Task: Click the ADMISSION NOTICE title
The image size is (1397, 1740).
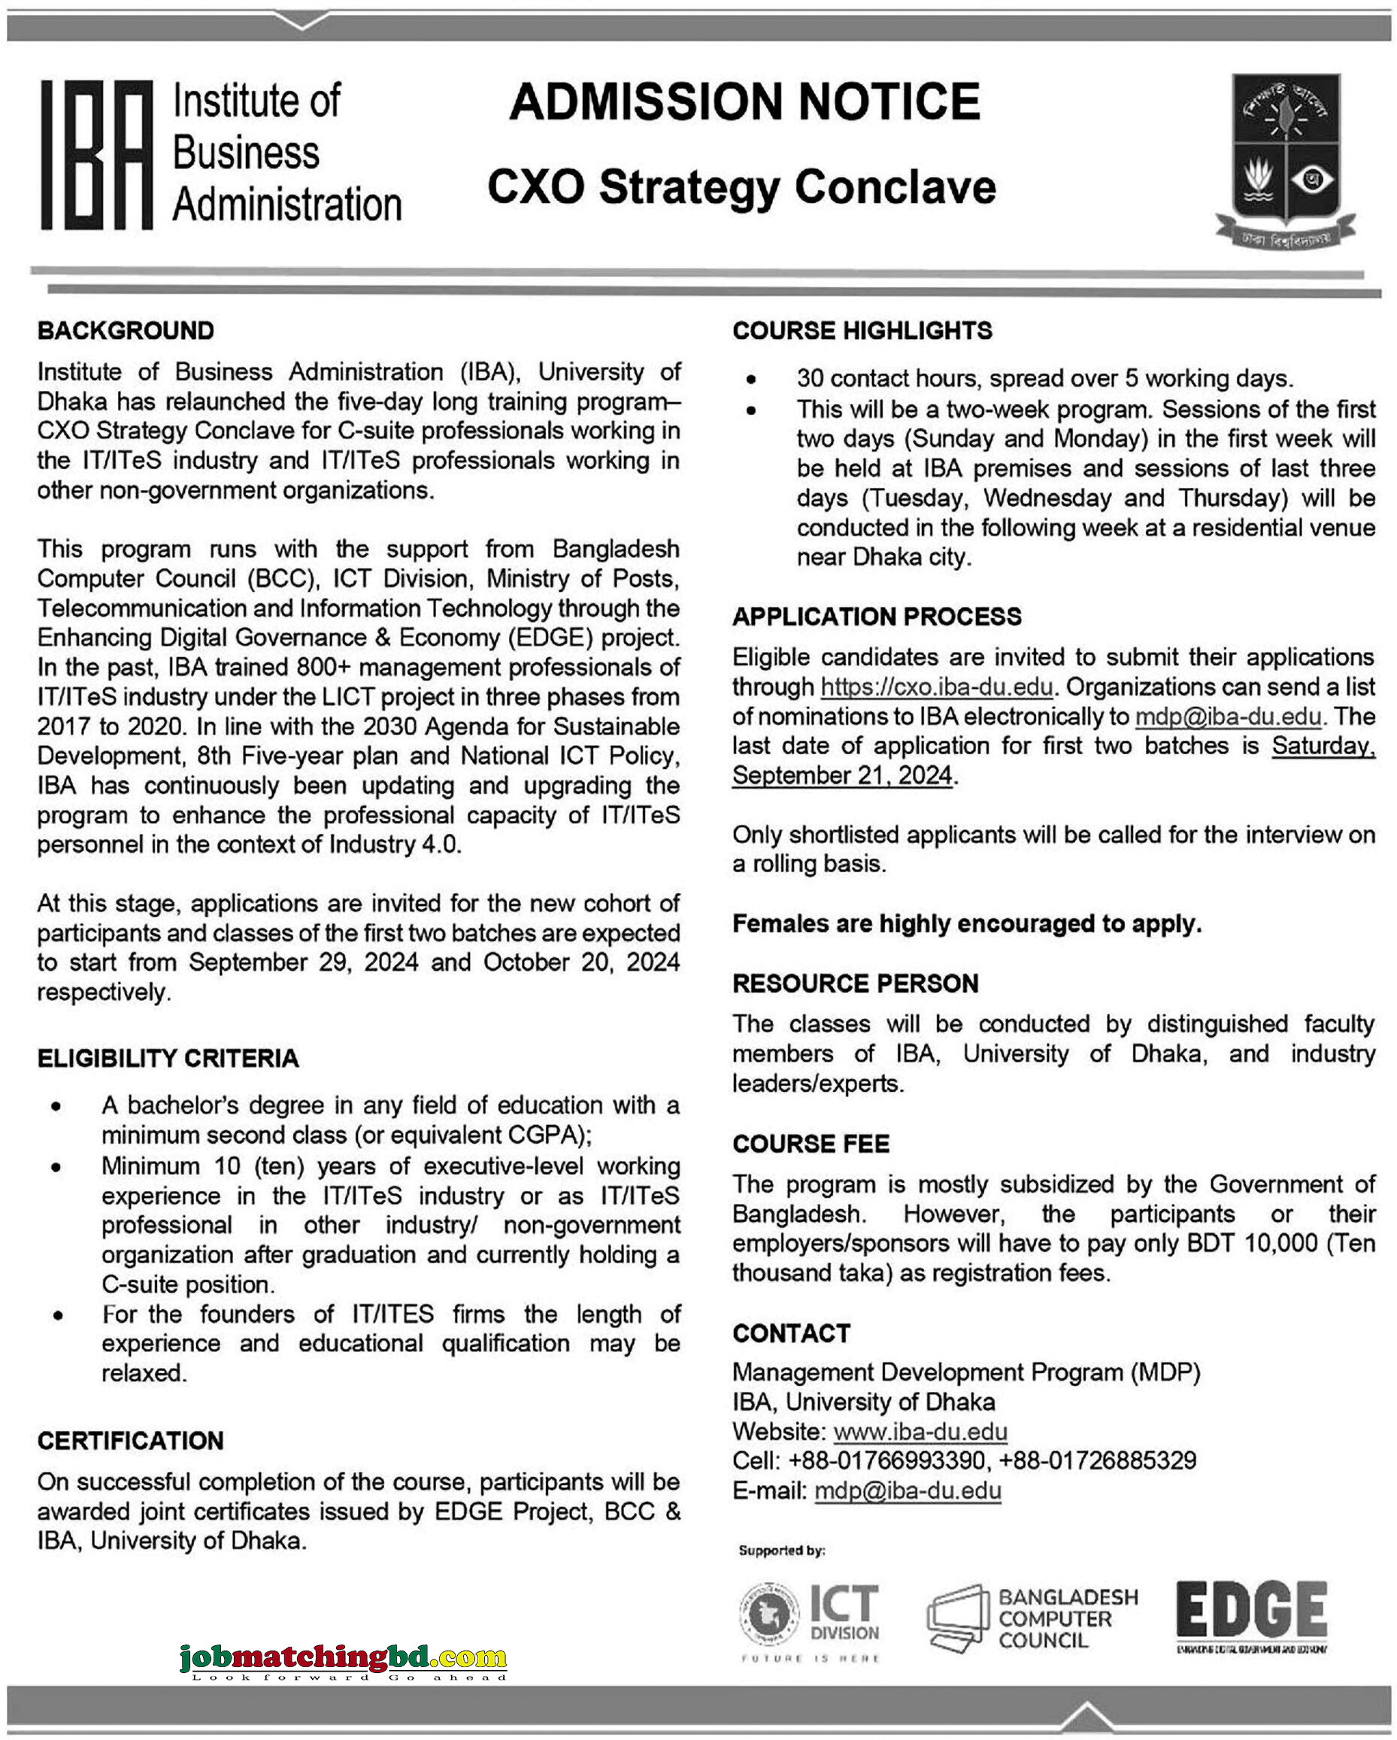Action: [744, 102]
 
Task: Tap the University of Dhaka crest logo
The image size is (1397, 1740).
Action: [1285, 159]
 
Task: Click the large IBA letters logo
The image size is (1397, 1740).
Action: [97, 154]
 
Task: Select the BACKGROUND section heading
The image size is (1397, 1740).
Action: [125, 331]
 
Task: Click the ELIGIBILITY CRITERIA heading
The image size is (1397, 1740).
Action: [168, 1058]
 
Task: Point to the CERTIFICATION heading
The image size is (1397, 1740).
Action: [130, 1441]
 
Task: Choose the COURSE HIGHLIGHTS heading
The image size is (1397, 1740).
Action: [862, 331]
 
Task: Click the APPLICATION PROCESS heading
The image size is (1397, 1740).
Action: [877, 617]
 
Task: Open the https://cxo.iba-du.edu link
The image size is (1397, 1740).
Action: [936, 687]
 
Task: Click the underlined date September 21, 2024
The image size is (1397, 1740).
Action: [842, 775]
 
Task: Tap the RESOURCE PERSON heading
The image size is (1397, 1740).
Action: [855, 983]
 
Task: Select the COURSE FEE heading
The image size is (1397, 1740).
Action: [811, 1144]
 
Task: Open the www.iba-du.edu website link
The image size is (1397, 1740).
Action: [920, 1432]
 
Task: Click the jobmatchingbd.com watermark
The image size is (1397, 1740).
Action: [343, 1659]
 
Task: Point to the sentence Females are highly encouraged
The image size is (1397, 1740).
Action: [966, 923]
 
